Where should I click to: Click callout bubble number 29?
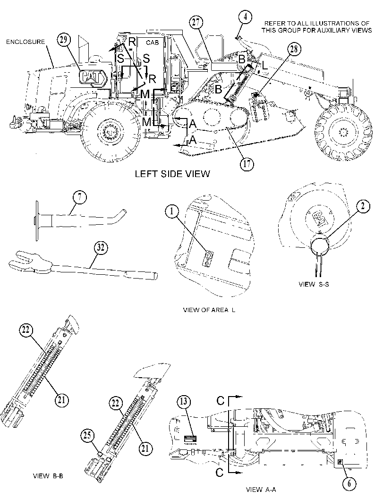click(x=64, y=40)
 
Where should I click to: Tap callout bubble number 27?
click(x=196, y=23)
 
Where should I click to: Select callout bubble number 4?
click(x=246, y=17)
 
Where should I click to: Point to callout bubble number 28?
click(x=294, y=49)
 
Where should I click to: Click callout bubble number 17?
click(x=247, y=164)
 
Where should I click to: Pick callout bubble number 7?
click(x=80, y=198)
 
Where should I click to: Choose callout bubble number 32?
click(x=101, y=247)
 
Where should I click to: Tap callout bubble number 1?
click(x=172, y=212)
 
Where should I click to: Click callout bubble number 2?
click(x=363, y=207)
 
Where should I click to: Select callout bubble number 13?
click(x=184, y=402)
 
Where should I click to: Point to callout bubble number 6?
click(x=349, y=484)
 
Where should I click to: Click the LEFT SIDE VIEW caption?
click(x=172, y=174)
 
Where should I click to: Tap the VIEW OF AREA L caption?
click(x=209, y=310)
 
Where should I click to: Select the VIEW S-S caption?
click(x=314, y=284)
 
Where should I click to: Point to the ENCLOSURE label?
click(x=26, y=42)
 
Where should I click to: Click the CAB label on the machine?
click(x=152, y=42)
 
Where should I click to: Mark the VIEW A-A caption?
click(x=261, y=490)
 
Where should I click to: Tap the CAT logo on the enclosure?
click(x=94, y=77)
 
